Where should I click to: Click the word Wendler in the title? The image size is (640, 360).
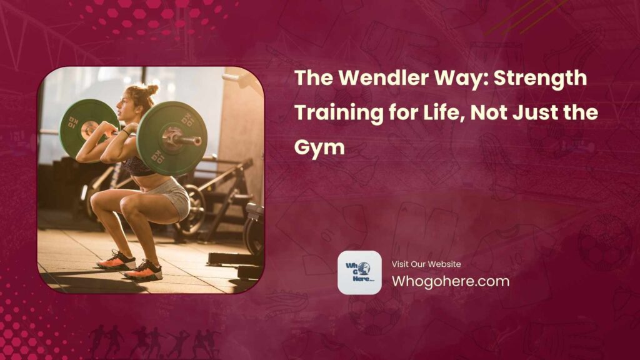point(372,79)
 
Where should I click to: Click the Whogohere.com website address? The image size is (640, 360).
point(450,281)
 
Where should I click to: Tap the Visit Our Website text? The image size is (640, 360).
point(426,264)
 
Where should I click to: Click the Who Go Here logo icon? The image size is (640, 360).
point(359,272)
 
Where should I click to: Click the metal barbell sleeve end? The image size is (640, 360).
point(193,141)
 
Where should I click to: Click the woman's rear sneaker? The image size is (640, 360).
point(116,259)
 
